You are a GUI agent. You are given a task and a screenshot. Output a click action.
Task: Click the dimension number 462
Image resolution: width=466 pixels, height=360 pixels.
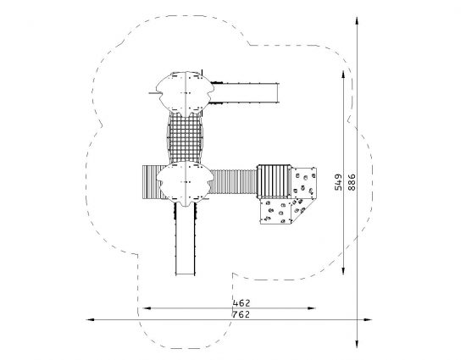click(x=241, y=303)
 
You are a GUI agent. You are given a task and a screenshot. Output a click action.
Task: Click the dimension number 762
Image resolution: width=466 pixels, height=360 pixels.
click(x=241, y=314)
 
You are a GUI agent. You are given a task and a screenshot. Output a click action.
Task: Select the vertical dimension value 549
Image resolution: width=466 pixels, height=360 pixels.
click(x=338, y=182)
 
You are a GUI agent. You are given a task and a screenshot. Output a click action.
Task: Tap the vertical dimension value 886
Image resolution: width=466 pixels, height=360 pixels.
click(x=352, y=182)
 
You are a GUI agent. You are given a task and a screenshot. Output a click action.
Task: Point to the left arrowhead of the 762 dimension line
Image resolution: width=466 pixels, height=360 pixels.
click(x=90, y=320)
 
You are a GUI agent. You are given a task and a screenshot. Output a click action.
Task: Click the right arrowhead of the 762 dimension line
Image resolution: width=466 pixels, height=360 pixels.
click(x=368, y=320)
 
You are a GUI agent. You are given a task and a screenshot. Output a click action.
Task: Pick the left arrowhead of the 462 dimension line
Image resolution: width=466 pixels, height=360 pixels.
click(x=147, y=308)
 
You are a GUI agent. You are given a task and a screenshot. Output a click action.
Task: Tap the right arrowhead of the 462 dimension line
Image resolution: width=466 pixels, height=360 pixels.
click(x=311, y=308)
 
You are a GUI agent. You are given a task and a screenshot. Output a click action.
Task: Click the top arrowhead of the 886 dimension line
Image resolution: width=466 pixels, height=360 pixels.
click(x=357, y=21)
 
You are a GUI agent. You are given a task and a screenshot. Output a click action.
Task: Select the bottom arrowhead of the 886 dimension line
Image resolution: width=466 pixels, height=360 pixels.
click(x=357, y=343)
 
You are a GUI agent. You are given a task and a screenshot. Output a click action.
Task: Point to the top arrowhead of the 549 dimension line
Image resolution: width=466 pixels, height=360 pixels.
click(x=343, y=75)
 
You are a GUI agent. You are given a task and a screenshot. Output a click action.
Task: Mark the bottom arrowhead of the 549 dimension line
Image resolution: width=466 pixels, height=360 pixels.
click(x=343, y=270)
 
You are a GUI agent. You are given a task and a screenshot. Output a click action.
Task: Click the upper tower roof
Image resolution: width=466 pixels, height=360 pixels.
click(x=185, y=93)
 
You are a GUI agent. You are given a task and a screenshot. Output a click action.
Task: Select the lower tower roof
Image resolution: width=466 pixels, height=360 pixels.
click(x=185, y=183)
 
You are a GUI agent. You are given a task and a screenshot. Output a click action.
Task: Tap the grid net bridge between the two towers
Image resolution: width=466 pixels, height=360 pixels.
click(x=185, y=138)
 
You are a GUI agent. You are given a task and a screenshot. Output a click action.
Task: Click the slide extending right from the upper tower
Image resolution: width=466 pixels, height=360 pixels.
click(x=244, y=93)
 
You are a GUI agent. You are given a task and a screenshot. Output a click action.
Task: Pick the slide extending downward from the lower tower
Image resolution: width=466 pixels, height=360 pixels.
click(x=186, y=239)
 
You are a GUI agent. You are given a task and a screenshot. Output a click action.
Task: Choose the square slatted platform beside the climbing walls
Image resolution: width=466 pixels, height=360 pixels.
click(x=274, y=181)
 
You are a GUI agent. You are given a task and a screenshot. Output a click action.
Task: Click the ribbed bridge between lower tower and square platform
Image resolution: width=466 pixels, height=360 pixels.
click(x=234, y=181)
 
